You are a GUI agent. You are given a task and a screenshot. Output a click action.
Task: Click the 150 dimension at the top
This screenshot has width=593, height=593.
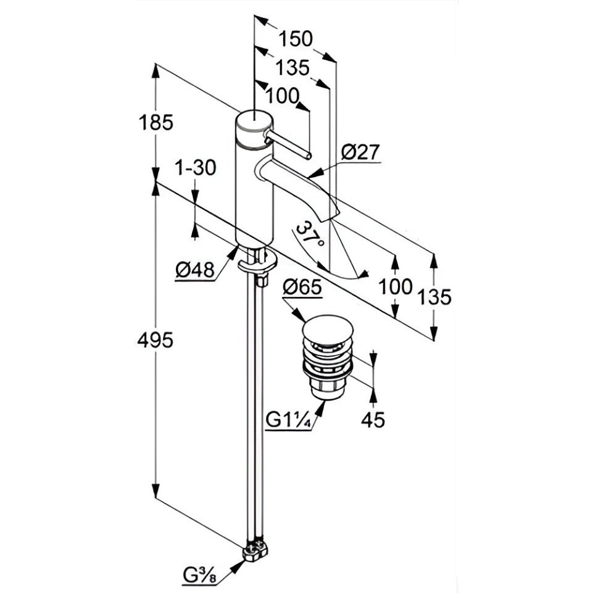point(296,39)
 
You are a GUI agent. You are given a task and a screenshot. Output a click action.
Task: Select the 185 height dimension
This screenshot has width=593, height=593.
point(156,123)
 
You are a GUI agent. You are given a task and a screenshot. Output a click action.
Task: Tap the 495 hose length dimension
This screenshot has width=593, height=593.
point(156,341)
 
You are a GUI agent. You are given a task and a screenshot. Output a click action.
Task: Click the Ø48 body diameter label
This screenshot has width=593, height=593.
point(195,270)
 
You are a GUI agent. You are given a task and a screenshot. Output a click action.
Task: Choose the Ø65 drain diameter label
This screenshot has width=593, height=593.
point(302,288)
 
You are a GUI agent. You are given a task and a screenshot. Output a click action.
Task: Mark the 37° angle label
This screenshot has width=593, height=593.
point(311,234)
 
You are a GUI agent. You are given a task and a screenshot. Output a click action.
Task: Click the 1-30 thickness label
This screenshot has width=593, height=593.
point(196,168)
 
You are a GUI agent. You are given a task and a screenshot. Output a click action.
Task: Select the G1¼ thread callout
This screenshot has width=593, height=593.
point(289,420)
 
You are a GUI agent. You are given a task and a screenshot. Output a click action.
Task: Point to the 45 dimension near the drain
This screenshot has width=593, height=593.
point(373,420)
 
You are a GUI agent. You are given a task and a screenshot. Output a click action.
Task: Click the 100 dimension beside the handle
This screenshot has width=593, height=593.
point(283,96)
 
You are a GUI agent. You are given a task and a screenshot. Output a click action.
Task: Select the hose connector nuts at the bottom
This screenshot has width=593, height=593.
point(255,552)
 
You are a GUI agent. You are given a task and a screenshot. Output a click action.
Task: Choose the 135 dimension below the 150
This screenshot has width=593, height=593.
point(292,68)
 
